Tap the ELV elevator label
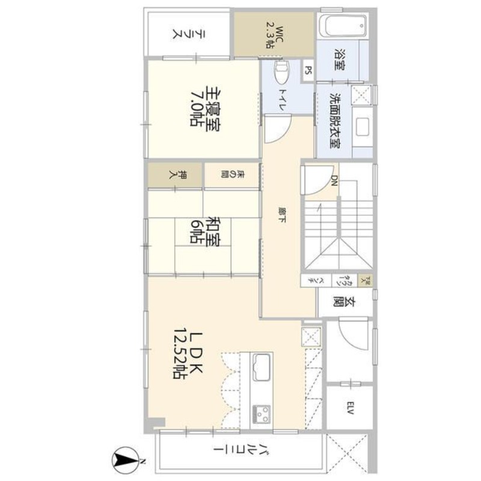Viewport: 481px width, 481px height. pos(349,408)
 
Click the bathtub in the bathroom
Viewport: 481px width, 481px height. pos(343,26)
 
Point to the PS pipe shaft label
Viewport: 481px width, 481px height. pos(308,70)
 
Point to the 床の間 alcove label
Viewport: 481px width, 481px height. pos(231,176)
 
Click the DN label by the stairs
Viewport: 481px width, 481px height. pos(335,180)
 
